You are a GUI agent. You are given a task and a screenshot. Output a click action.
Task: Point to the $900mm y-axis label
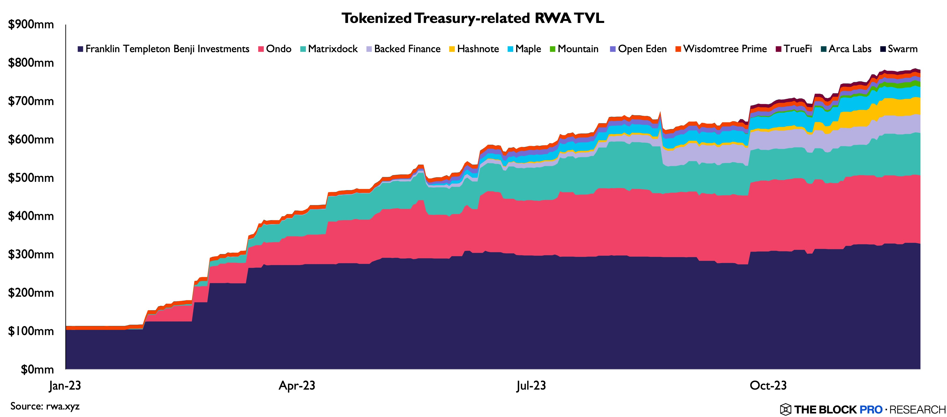click(31, 25)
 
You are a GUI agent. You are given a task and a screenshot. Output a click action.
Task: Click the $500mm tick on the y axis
click(31, 178)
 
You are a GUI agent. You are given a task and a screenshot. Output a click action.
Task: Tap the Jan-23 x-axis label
click(65, 385)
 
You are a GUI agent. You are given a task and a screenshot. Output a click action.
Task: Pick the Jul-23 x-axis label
click(531, 385)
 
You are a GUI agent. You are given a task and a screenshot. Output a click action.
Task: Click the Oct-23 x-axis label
click(768, 385)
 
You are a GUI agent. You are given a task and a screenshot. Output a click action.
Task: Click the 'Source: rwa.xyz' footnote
click(45, 406)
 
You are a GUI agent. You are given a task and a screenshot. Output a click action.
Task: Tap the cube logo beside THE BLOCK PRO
click(785, 409)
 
